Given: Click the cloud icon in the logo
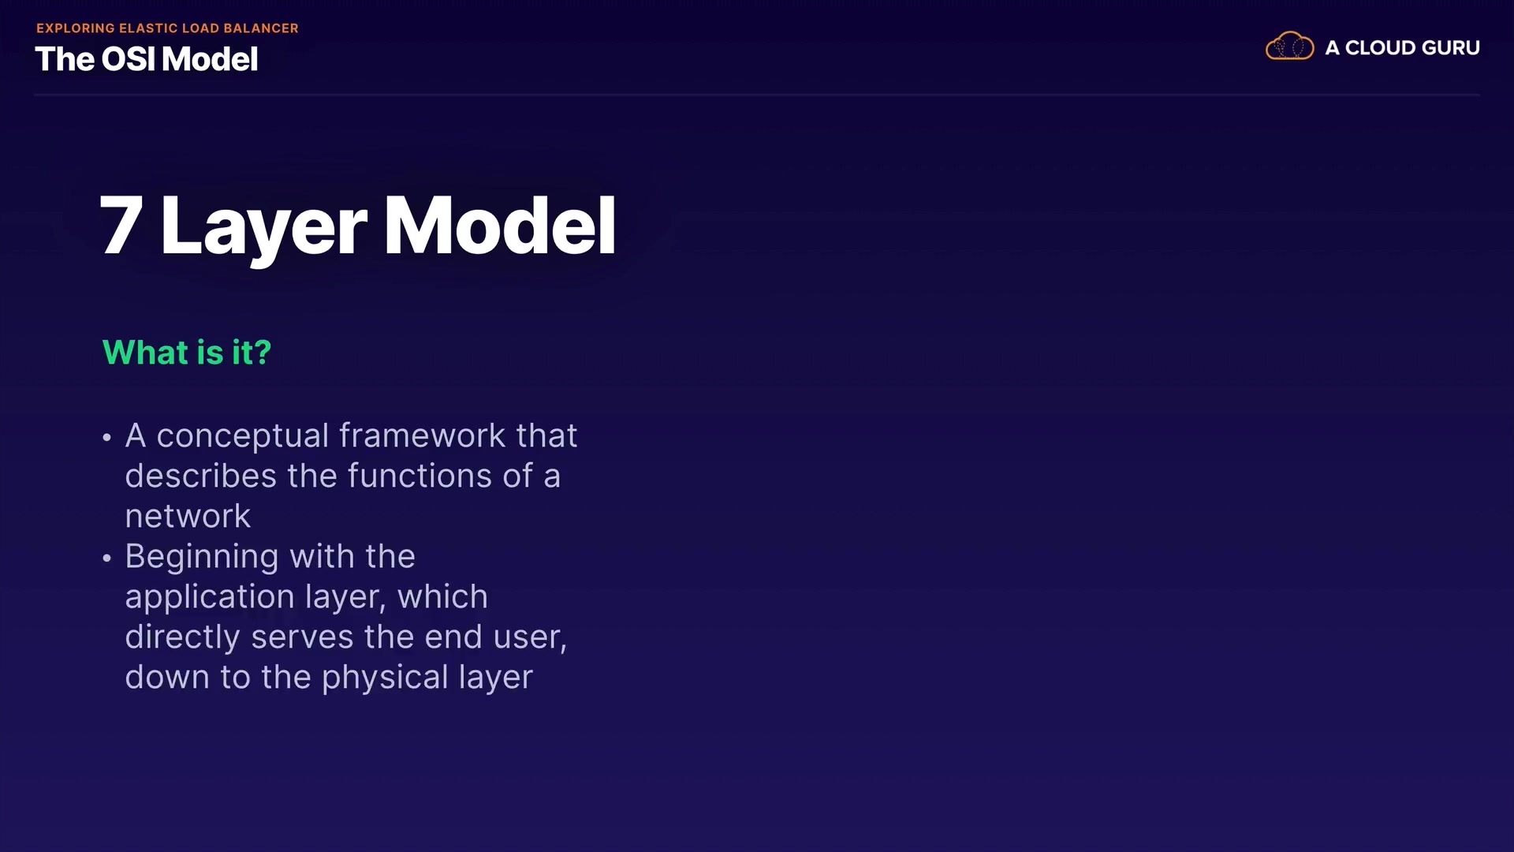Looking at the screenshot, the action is [1289, 47].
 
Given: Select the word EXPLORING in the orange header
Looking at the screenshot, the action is [76, 28].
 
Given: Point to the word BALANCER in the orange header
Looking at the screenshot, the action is [261, 28].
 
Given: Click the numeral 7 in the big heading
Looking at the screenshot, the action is [121, 226].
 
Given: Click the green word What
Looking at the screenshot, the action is [146, 352].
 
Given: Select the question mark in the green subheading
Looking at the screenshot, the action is [263, 352].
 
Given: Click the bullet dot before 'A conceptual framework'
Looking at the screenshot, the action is [107, 438].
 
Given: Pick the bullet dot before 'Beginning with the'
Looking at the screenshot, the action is [107, 559].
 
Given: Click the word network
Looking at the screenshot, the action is [188, 517].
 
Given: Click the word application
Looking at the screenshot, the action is [210, 598].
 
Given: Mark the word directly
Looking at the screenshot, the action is [183, 638].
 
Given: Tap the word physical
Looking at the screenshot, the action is [385, 678].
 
